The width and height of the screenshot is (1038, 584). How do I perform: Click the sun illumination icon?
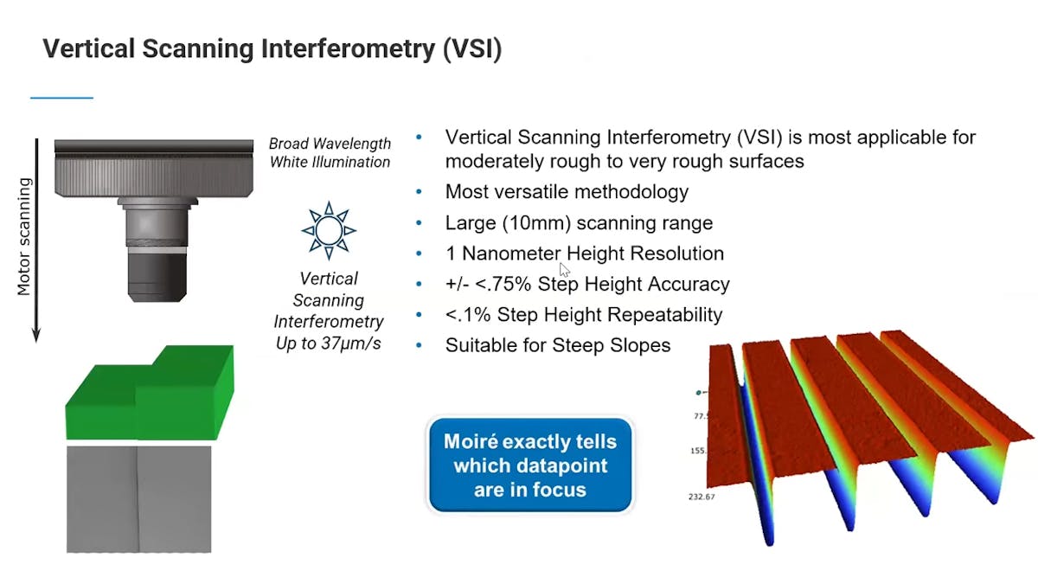coord(329,230)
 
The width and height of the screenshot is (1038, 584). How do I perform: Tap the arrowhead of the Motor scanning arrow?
coord(36,335)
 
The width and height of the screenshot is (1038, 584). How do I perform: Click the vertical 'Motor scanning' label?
coord(24,236)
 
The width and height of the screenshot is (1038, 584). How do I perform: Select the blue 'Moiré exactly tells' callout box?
coord(530,465)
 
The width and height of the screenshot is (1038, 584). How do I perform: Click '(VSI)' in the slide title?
coord(472,48)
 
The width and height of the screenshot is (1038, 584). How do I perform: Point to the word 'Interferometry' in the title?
coord(348,48)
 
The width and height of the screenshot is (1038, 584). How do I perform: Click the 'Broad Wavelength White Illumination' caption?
coord(330,153)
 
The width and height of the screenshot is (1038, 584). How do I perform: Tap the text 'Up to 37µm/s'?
coord(329,343)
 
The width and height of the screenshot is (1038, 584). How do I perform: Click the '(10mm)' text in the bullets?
coord(536,223)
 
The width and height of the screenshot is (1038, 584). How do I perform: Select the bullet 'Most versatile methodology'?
coord(567,192)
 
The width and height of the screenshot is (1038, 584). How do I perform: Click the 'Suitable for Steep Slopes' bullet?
coord(558,345)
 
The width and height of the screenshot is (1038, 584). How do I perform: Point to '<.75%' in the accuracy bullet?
coord(503,284)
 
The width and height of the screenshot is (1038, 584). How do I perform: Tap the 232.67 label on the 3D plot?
coord(702,497)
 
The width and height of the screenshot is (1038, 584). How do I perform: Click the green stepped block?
coord(150,393)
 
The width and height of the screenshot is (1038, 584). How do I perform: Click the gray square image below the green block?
coord(139,499)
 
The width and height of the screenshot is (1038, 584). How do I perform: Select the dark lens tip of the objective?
coord(157,277)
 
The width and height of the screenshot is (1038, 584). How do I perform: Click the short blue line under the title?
coord(61,98)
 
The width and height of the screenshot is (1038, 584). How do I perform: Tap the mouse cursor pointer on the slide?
coord(564,270)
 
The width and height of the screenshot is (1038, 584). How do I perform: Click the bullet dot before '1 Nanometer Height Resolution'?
coord(419,253)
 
